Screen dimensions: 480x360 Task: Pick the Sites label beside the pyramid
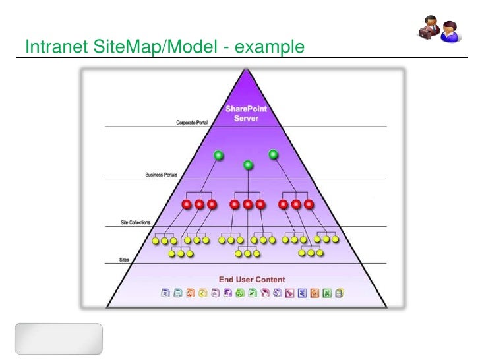coord(124,260)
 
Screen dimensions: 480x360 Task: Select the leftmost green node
coord(218,156)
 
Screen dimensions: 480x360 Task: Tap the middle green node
coord(248,165)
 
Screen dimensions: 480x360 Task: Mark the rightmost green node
coord(273,155)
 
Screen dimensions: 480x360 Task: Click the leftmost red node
coord(187,204)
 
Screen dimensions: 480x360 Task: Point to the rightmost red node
coord(309,204)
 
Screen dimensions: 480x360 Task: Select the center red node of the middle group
coord(248,204)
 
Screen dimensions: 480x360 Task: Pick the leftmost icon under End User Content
coord(166,293)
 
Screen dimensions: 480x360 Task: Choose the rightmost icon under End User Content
coord(338,293)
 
